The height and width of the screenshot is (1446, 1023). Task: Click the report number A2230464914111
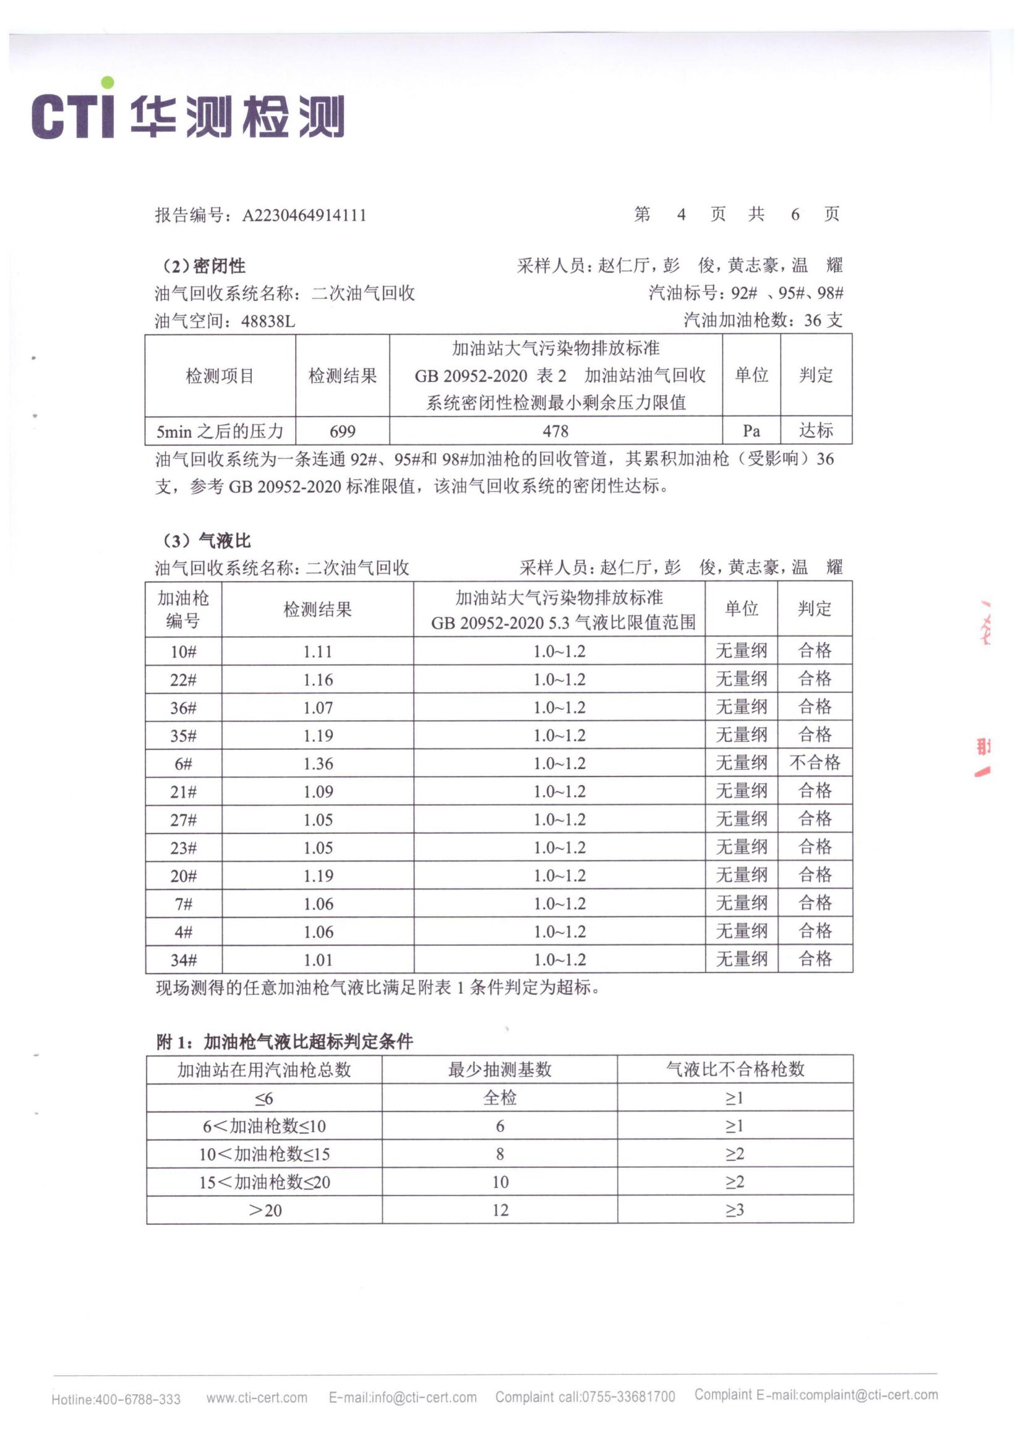coord(304,215)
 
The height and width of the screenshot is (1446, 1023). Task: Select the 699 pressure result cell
coord(342,432)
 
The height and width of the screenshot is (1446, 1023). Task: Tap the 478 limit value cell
coord(555,432)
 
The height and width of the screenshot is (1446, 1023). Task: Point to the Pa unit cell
coord(751,432)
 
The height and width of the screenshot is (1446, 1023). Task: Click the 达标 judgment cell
coord(816,431)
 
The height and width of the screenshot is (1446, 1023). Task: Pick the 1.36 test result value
coord(317,764)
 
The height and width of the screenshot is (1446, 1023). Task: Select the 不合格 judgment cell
coord(815,763)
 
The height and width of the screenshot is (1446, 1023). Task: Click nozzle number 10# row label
coord(183,652)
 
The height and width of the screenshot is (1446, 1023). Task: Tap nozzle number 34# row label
coord(183,960)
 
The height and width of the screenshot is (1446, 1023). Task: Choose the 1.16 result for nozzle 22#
coord(317,680)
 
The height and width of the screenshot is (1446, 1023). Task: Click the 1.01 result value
coord(317,960)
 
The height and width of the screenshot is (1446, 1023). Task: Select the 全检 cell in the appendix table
coord(500,1099)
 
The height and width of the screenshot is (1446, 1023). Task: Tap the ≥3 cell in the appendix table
coord(735,1210)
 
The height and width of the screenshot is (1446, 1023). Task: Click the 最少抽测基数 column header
coord(500,1070)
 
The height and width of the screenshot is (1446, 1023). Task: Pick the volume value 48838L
coord(268,322)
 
